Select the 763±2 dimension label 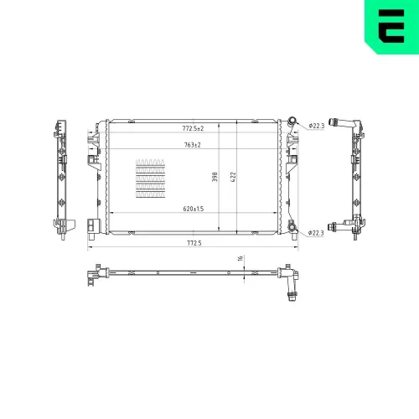[x=192, y=146]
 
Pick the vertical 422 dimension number [x=235, y=177]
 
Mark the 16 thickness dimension [x=241, y=260]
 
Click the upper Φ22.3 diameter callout [x=316, y=127]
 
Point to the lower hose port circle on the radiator [x=291, y=228]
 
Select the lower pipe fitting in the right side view [x=340, y=225]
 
